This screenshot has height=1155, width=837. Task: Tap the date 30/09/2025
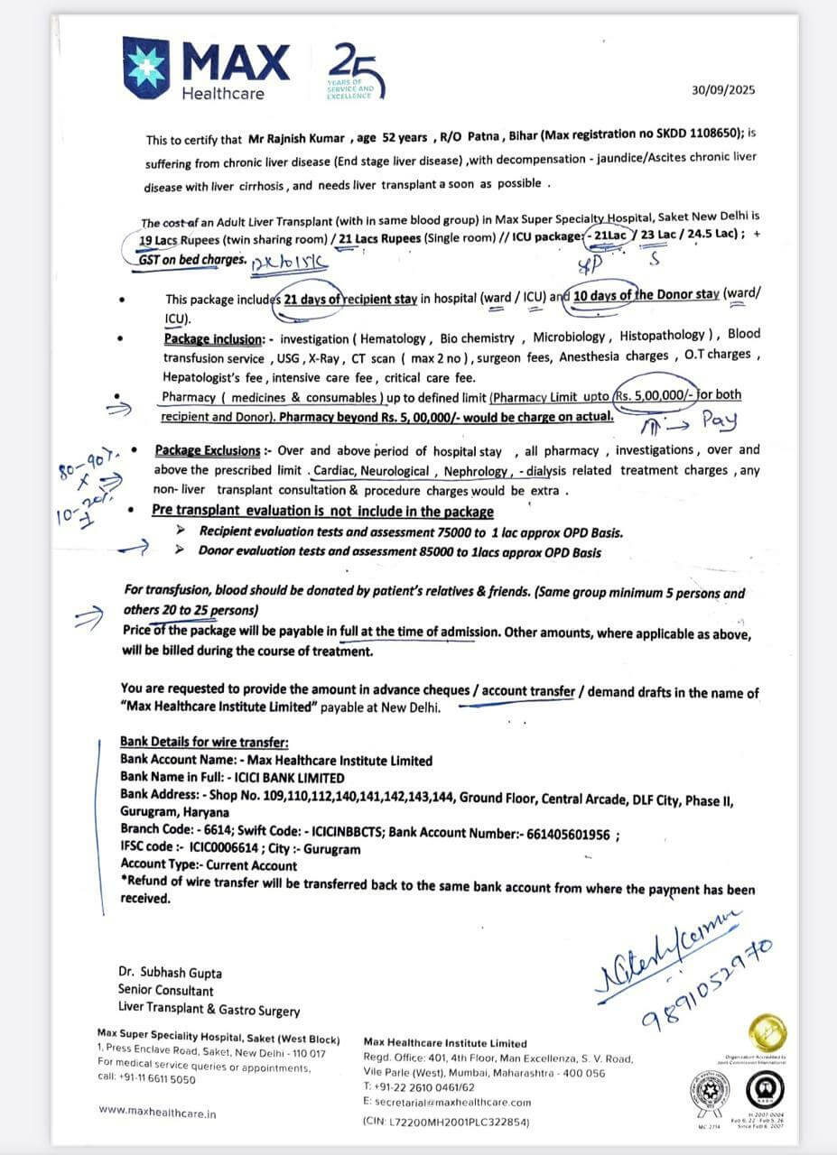click(722, 89)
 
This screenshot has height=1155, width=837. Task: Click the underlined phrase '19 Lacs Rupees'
click(173, 241)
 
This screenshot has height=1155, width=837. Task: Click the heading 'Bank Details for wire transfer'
click(204, 742)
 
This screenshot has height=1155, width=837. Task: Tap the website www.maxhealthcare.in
click(157, 1112)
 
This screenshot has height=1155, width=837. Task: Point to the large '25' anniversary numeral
click(353, 69)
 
